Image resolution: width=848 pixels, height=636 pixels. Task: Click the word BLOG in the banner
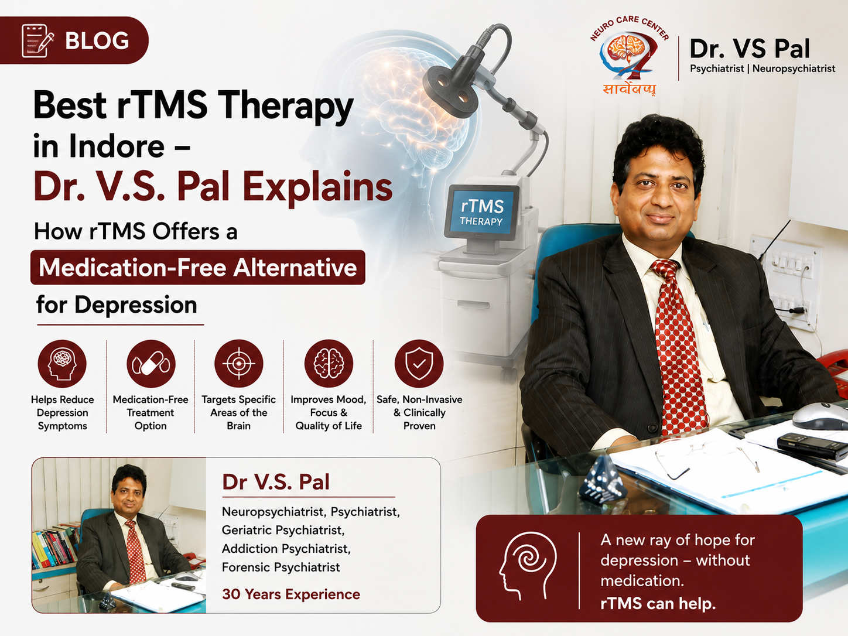click(97, 41)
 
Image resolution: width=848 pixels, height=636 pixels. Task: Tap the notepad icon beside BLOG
click(37, 41)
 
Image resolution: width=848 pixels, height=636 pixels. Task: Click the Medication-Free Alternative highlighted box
click(198, 267)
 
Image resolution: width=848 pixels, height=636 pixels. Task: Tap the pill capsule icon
click(151, 364)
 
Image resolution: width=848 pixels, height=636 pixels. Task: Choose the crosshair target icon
click(239, 364)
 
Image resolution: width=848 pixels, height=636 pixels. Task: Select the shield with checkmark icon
click(419, 364)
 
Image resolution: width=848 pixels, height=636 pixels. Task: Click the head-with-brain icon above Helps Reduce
click(62, 364)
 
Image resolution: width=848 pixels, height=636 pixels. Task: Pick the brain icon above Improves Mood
click(329, 364)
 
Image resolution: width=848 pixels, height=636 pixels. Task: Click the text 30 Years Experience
click(291, 594)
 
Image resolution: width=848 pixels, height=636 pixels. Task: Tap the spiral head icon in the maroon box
click(528, 565)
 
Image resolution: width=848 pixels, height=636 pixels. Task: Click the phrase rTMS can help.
click(658, 603)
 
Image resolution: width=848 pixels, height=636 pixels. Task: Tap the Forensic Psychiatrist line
click(281, 567)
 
